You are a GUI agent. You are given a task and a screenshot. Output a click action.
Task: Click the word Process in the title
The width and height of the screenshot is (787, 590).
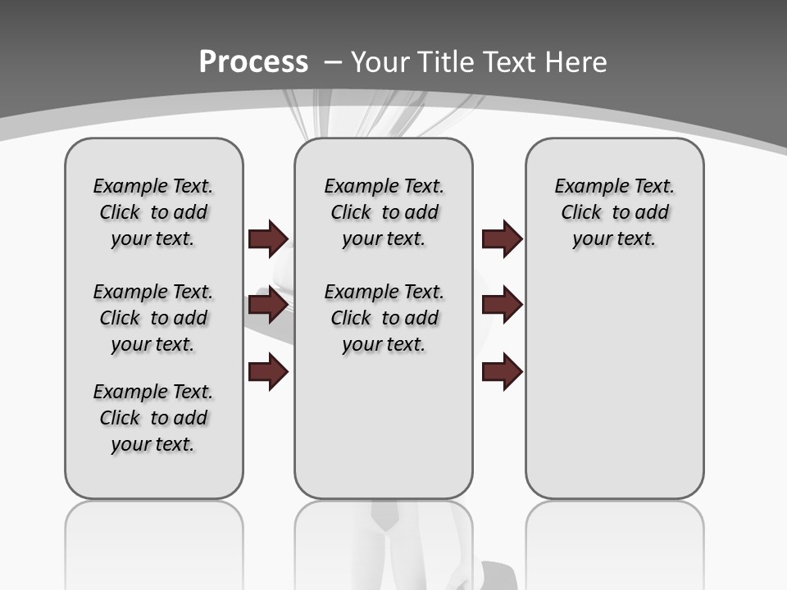253,61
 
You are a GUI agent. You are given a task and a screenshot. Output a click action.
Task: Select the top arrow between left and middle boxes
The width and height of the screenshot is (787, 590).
268,238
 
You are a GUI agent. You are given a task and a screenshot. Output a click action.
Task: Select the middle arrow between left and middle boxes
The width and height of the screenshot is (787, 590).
268,306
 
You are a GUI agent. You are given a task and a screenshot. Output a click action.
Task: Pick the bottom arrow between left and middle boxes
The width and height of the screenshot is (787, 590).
268,373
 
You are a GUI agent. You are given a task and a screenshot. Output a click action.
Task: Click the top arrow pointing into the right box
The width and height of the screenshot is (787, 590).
502,238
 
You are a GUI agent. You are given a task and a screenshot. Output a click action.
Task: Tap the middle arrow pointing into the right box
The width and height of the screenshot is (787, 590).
502,306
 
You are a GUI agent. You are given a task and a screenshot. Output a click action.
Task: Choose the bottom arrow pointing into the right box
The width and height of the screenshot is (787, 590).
502,373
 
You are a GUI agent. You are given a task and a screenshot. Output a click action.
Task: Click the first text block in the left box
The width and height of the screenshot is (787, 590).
153,212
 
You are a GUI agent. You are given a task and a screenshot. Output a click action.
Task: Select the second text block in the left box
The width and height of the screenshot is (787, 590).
153,318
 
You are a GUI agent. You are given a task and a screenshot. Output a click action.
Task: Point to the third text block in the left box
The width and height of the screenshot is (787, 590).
153,418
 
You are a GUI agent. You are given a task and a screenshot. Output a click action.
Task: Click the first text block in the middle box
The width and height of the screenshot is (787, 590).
384,212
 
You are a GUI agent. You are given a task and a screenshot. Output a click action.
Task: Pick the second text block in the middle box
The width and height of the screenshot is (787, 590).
384,318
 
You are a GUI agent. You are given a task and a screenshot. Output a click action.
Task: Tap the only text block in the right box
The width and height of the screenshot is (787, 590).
614,212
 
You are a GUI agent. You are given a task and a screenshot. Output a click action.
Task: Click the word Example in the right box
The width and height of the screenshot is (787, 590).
586,186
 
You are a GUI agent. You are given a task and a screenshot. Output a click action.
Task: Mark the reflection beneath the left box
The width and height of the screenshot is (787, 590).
153,533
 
